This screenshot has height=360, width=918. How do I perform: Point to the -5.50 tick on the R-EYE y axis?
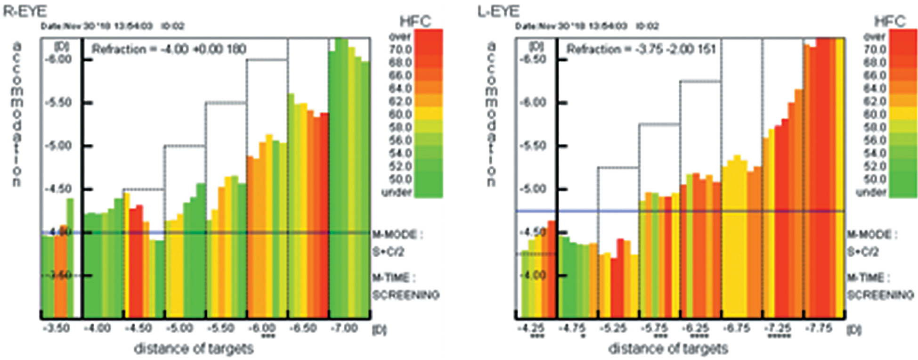(x=58, y=102)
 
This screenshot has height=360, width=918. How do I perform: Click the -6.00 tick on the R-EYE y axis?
(x=58, y=59)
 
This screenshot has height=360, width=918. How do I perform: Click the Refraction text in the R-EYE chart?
(x=169, y=49)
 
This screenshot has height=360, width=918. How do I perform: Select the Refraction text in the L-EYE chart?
(x=641, y=49)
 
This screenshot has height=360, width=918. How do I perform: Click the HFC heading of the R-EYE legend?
(x=415, y=22)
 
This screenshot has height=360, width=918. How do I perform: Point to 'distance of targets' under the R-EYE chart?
(x=194, y=349)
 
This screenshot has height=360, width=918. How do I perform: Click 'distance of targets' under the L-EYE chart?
(x=668, y=349)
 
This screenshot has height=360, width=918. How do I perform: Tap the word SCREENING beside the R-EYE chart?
(x=406, y=295)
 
